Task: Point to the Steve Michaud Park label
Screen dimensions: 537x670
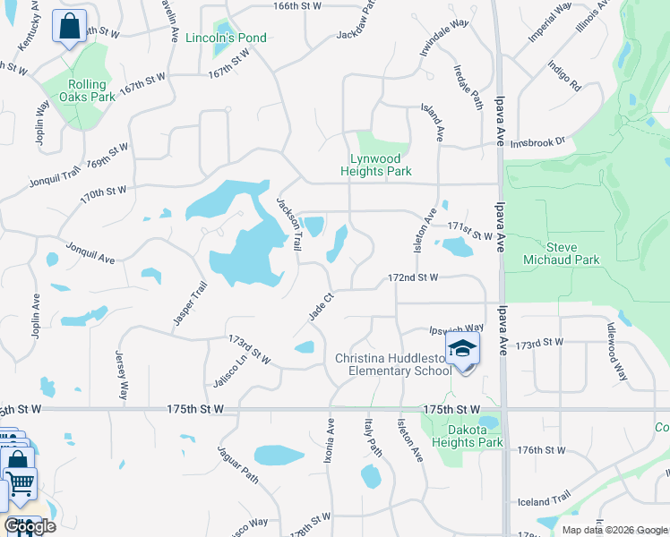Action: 573,253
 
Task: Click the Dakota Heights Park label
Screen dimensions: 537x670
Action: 467,436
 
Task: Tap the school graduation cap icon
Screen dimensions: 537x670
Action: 462,348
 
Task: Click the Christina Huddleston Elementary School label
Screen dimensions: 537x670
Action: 393,364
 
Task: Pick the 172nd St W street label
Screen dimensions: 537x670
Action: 412,278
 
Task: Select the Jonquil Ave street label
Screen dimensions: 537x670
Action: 90,252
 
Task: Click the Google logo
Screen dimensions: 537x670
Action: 30,526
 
